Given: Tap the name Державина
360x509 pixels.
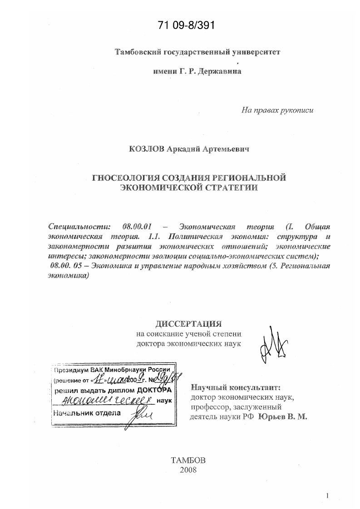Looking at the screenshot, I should [x=220, y=71].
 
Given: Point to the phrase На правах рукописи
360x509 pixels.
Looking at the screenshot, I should [x=277, y=109].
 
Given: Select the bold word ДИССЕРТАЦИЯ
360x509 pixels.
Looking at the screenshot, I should [x=189, y=323].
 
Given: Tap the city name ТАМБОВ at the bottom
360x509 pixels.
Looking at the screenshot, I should [x=188, y=460].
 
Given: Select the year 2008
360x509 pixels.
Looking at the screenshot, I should [x=188, y=470].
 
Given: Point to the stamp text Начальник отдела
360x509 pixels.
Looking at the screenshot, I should [x=87, y=413].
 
